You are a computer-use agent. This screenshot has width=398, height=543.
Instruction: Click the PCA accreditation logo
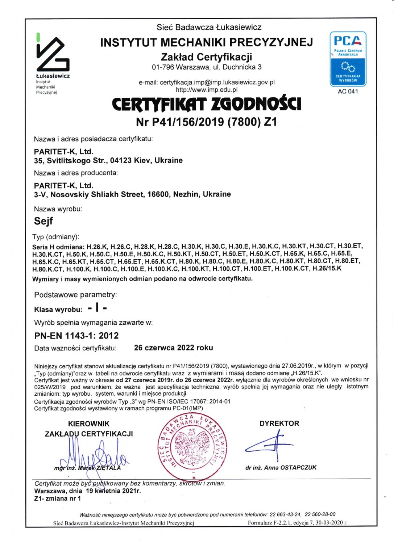click(348, 59)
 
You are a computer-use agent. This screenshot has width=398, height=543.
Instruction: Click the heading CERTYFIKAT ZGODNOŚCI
click(206, 104)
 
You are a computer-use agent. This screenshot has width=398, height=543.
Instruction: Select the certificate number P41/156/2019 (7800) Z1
click(206, 122)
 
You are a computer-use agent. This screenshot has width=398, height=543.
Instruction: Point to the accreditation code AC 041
click(348, 92)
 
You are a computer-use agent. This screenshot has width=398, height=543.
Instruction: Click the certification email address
click(217, 82)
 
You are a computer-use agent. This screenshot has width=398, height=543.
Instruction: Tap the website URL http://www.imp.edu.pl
click(206, 90)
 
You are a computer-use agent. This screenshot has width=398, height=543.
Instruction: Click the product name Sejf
click(43, 221)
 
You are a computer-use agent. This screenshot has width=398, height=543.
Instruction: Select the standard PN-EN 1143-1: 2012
click(76, 336)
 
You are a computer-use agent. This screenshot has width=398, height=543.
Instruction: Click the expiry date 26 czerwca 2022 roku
click(173, 348)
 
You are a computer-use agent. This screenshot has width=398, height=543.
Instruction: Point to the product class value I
click(97, 308)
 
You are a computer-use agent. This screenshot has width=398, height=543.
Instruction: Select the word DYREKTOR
click(279, 424)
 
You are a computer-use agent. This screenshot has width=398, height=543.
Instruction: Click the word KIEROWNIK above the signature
click(88, 424)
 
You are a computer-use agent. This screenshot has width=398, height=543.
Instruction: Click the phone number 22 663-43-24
click(285, 514)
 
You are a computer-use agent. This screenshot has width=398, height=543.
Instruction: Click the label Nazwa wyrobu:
click(58, 209)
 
